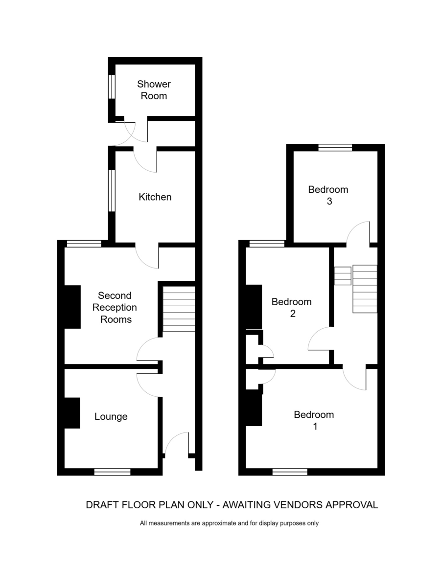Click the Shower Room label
154,90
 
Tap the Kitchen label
155,197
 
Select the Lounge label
111,417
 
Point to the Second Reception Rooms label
115,307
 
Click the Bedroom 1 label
314,420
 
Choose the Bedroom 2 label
292,308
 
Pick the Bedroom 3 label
328,195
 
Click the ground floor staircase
179,309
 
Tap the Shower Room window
112,87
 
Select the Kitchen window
112,191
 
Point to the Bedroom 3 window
335,148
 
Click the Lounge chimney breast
72,413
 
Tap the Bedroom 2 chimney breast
254,307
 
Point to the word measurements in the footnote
169,531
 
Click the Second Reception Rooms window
84,244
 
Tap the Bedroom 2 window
267,244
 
